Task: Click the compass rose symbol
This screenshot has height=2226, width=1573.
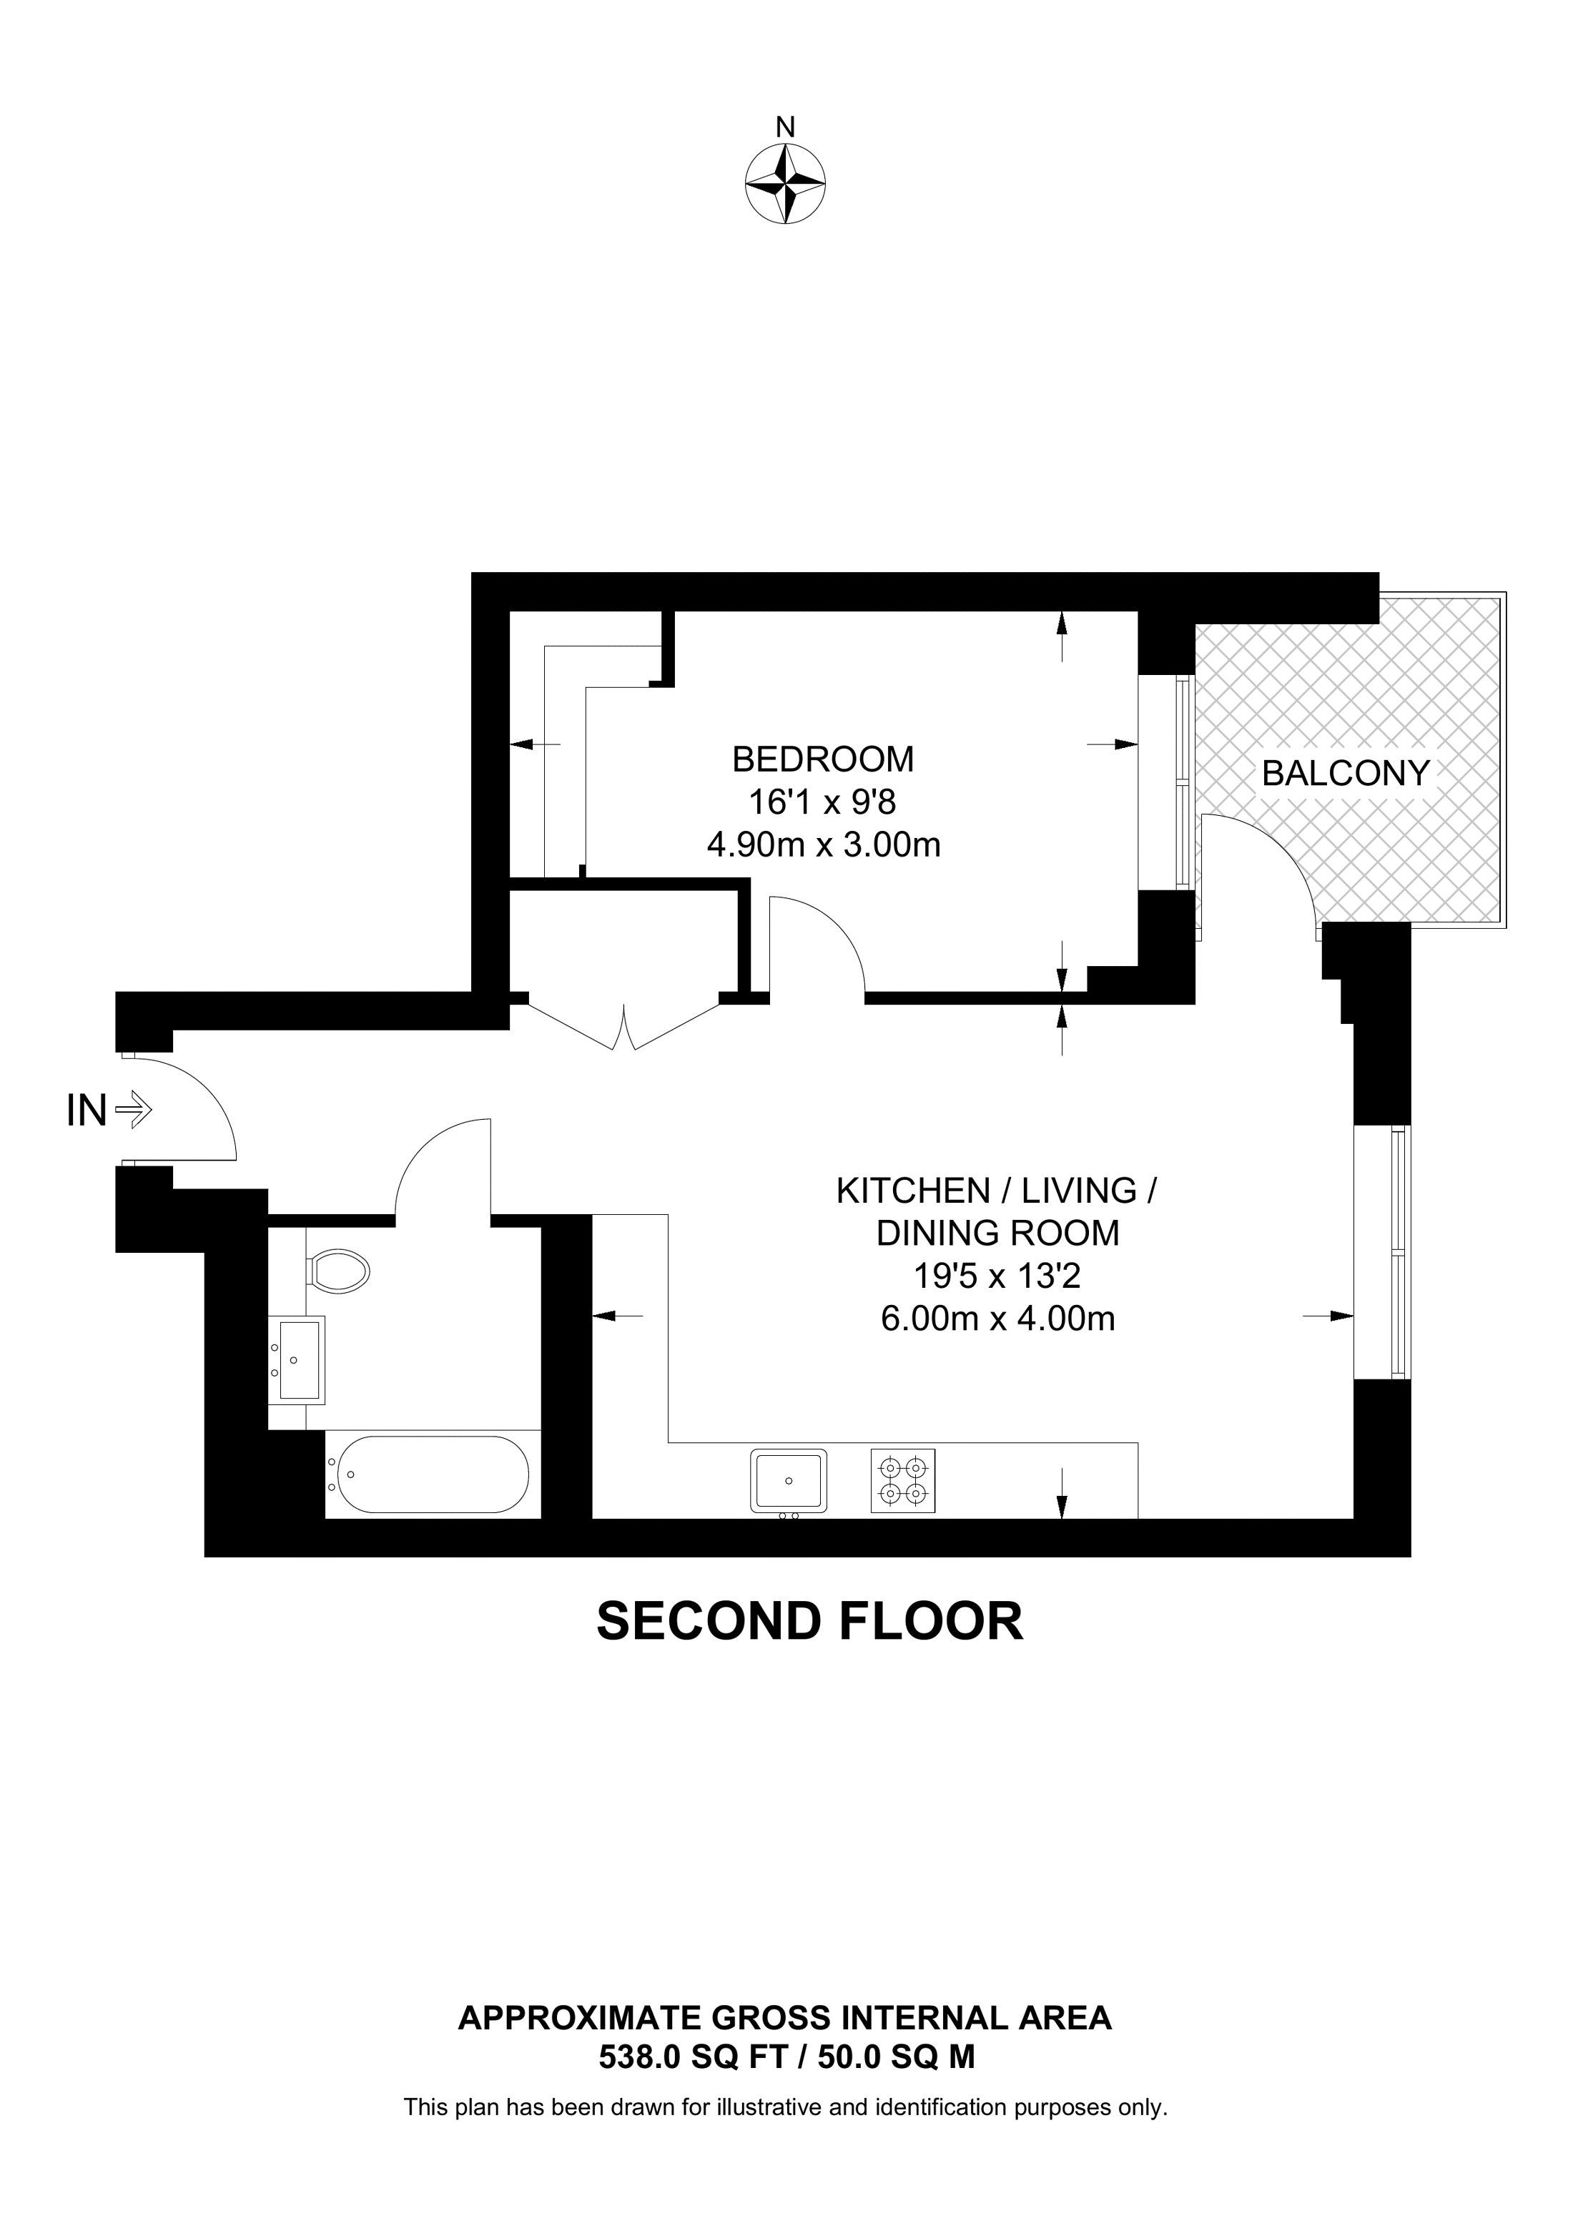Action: (x=785, y=184)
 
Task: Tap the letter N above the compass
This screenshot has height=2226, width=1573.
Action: (x=786, y=127)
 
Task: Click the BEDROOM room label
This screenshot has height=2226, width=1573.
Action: (x=823, y=759)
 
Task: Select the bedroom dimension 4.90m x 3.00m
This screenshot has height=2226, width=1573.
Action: (x=824, y=844)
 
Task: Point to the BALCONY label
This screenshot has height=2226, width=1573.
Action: (x=1346, y=773)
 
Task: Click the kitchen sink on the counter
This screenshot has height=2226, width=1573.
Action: (x=788, y=1480)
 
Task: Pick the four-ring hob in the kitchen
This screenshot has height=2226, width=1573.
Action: (x=903, y=1480)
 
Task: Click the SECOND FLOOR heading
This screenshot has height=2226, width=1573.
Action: (x=809, y=1621)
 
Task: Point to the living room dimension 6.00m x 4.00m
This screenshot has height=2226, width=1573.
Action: (x=997, y=1319)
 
